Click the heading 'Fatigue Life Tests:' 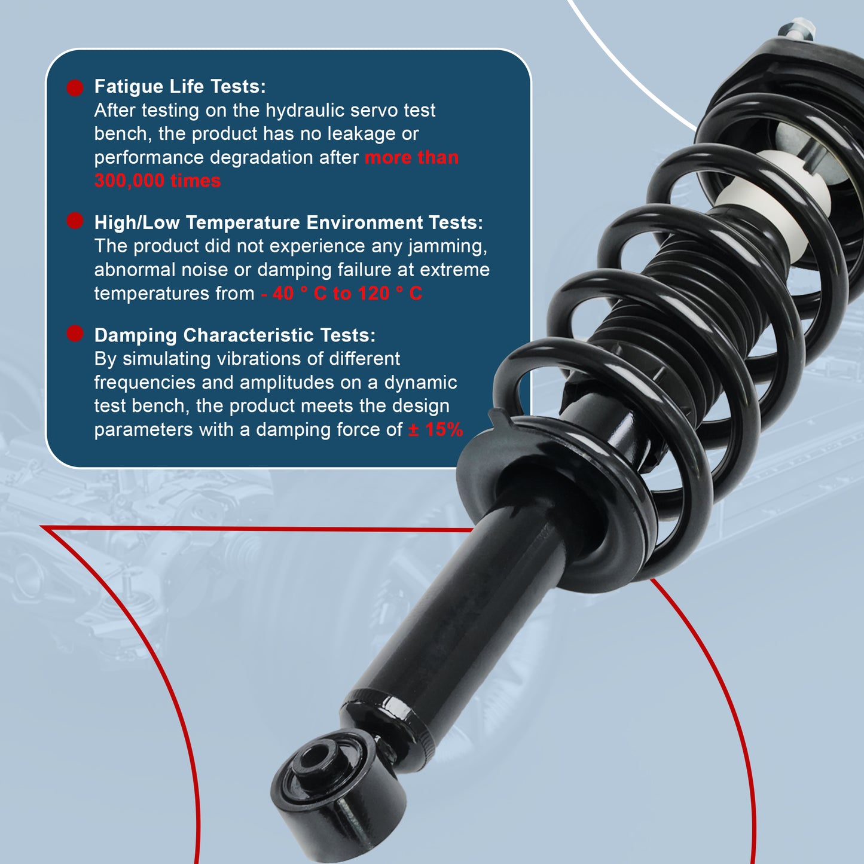(x=180, y=87)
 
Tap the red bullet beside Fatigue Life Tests (x=75, y=88)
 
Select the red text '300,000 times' (x=157, y=181)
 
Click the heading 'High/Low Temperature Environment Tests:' (x=288, y=222)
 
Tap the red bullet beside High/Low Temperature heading (x=75, y=221)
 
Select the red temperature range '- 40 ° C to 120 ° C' (x=341, y=294)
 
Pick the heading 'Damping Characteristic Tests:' (x=235, y=335)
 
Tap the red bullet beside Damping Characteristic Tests (x=75, y=334)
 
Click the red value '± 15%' (x=435, y=430)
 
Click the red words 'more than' (x=411, y=158)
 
